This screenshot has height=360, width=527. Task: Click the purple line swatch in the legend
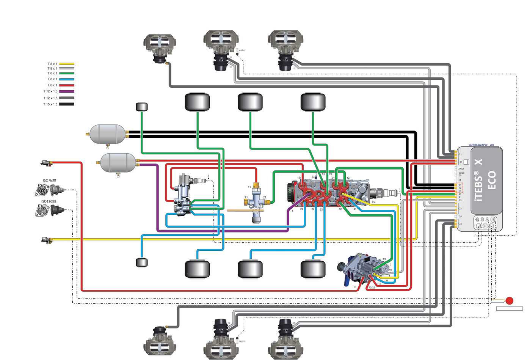tap(66, 91)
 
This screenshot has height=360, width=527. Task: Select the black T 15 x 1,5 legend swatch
tap(66, 104)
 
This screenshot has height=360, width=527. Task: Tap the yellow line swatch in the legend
tap(66, 64)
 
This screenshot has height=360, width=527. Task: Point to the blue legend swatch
tap(66, 79)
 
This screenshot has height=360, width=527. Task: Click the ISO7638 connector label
tap(49, 181)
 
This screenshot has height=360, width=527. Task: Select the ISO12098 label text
tap(49, 201)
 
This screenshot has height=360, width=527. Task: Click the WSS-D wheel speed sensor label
tap(242, 50)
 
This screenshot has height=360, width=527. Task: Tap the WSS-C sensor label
tap(242, 341)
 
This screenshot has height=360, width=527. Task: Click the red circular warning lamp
tap(510, 301)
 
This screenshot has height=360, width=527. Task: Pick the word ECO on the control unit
tap(492, 180)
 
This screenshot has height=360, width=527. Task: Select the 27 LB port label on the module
tap(461, 169)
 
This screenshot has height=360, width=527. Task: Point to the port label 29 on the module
tap(460, 217)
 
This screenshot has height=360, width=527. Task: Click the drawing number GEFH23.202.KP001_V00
tap(481, 145)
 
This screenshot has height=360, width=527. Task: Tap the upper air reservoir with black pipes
tap(107, 134)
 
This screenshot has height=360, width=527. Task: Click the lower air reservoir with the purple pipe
tap(118, 163)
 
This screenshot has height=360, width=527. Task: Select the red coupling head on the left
tap(46, 163)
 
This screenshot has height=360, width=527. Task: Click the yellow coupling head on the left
tap(46, 240)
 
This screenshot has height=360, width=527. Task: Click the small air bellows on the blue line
tap(141, 262)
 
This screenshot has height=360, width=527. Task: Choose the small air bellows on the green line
tap(141, 107)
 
